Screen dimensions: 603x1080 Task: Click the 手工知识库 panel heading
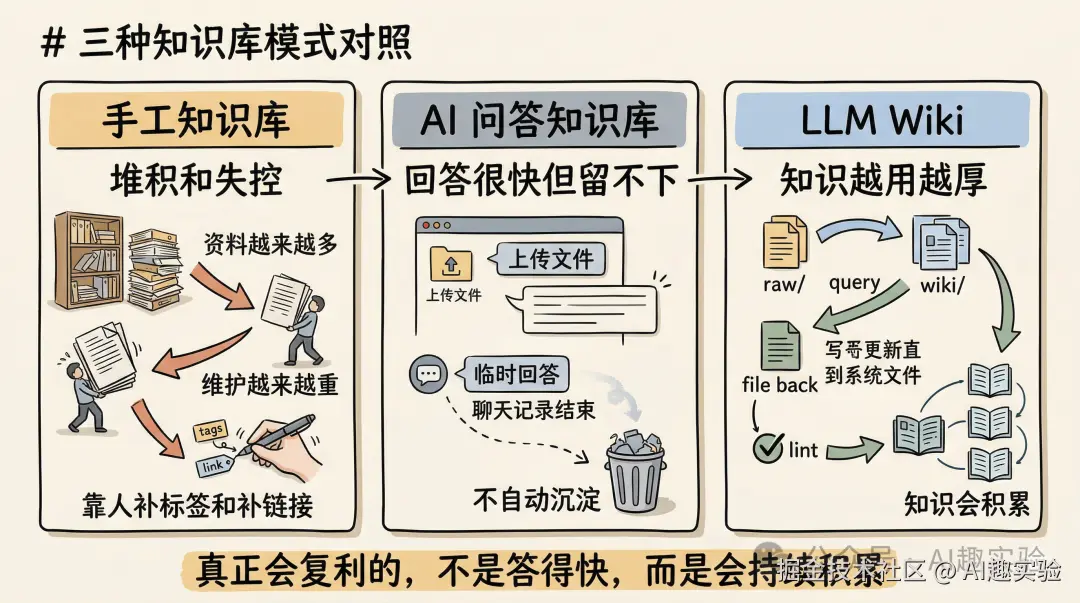(196, 121)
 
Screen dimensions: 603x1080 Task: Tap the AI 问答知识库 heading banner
(540, 121)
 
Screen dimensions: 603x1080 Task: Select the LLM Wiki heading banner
(883, 121)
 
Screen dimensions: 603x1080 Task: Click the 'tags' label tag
(212, 431)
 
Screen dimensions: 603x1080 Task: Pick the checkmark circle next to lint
(767, 447)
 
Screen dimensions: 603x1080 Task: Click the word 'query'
(854, 282)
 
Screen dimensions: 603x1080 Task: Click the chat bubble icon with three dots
(429, 375)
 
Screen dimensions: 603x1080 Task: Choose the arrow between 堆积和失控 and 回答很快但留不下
(358, 180)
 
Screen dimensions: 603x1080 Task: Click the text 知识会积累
(967, 503)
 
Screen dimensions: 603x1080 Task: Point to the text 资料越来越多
(271, 245)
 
